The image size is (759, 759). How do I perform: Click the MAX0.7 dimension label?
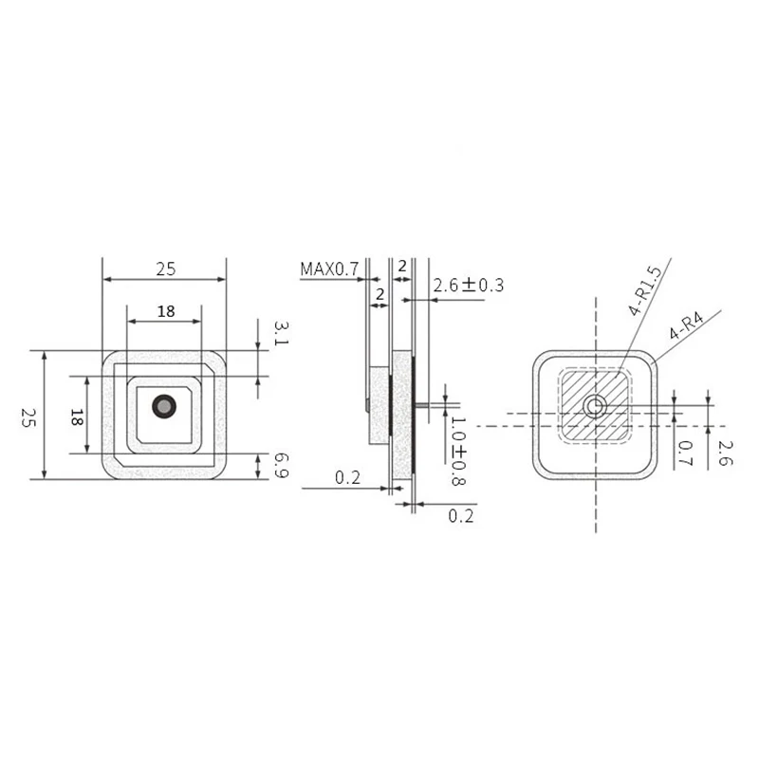pos(329,268)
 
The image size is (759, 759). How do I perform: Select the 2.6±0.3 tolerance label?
pos(469,286)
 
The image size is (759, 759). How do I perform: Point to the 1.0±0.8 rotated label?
pos(457,451)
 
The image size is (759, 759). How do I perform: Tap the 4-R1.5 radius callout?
pos(646,291)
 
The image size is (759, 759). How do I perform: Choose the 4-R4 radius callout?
pos(687,325)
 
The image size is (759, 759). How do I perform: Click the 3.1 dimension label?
pos(281,334)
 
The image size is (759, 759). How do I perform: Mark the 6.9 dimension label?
pos(281,466)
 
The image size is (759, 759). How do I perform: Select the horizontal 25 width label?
pos(165,269)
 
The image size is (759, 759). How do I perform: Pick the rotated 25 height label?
pos(28,417)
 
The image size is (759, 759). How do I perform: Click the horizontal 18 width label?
pos(165,311)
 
